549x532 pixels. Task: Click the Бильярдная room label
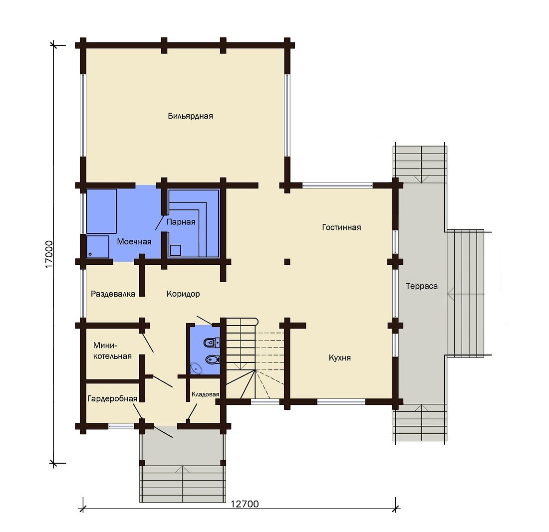[190, 116]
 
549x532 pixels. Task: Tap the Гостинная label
[341, 227]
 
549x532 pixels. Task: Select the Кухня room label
[339, 358]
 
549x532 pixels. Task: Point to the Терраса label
[422, 286]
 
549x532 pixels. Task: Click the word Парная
[181, 222]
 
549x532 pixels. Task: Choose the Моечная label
[134, 242]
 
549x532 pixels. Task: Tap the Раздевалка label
[113, 294]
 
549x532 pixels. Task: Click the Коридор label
[183, 294]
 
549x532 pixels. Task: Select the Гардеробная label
[112, 399]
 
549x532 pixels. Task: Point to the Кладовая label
[205, 394]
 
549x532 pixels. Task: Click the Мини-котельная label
[112, 351]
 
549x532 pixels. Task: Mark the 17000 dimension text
[49, 254]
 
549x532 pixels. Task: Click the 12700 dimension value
[245, 504]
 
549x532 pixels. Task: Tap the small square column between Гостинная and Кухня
[287, 262]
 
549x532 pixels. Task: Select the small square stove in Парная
[175, 250]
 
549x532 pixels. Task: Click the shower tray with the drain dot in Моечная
[98, 247]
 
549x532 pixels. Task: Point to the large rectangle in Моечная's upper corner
[101, 211]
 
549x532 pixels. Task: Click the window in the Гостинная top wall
[337, 185]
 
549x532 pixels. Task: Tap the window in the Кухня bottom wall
[341, 402]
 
